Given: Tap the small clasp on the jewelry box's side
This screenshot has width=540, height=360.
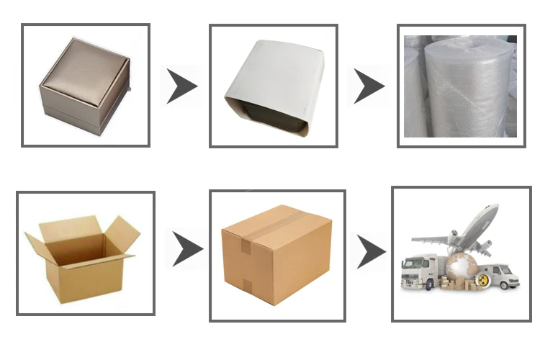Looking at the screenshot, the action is click(x=131, y=90).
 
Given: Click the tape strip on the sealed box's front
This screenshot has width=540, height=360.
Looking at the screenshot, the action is click(x=244, y=248).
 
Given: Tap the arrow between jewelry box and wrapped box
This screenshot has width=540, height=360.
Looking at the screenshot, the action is click(x=182, y=86).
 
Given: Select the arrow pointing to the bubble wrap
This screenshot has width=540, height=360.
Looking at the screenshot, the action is click(x=369, y=86).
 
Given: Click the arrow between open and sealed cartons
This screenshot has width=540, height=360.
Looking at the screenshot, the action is click(x=186, y=249).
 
